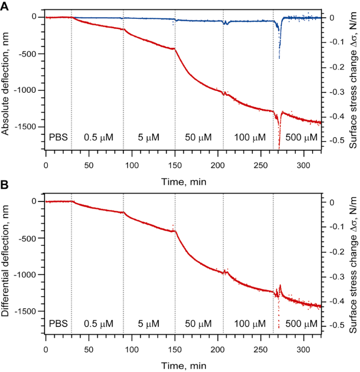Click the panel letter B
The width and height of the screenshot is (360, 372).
click(5, 186)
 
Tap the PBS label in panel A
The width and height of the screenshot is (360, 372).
click(58, 138)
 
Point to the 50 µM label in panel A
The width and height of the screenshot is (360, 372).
click(199, 138)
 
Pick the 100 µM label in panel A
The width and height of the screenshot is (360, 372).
click(250, 138)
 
